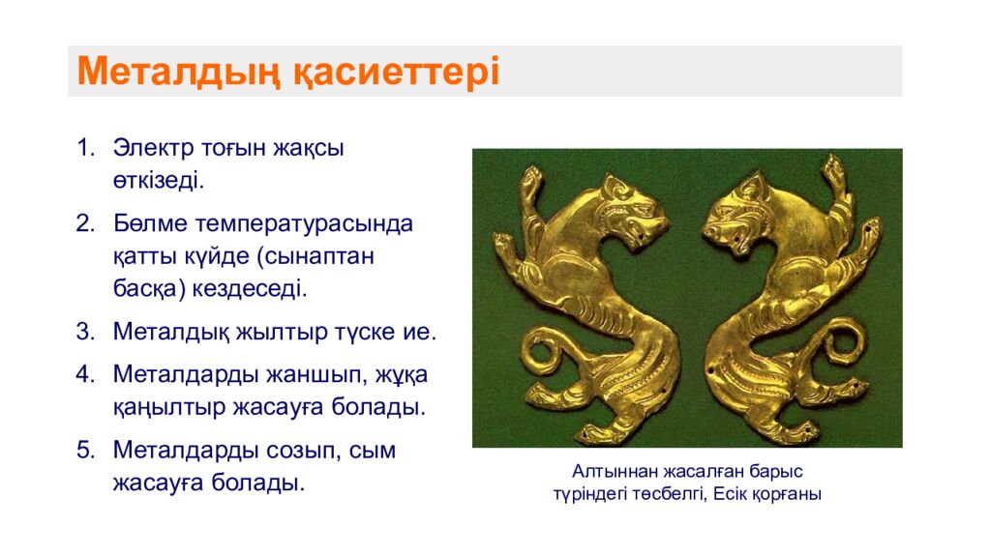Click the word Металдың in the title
(x=178, y=72)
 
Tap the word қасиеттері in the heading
(x=396, y=72)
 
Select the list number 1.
(x=85, y=148)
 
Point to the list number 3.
(x=85, y=332)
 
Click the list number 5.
(x=85, y=451)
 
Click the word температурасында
(x=304, y=224)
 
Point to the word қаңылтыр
(x=169, y=408)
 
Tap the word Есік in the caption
(x=731, y=493)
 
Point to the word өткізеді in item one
(x=159, y=181)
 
